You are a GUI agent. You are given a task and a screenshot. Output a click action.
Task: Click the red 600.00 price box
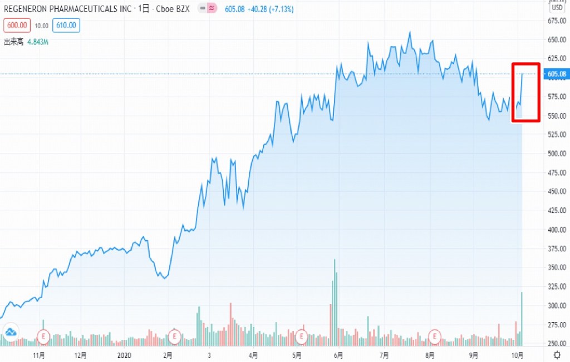point(16,25)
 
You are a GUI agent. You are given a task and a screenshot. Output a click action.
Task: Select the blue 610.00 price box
point(66,25)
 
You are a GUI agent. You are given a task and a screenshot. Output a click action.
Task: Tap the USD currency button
point(557,8)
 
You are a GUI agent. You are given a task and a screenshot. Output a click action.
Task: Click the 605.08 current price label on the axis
point(557,74)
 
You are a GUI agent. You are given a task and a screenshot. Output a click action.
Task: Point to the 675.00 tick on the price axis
point(557,21)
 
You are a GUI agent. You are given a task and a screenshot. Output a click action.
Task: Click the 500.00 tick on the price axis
point(557,153)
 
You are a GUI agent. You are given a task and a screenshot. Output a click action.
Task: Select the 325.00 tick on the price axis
point(557,286)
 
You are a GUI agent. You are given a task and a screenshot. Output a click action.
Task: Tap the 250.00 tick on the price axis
point(557,343)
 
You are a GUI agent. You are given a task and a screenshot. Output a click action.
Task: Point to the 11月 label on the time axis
point(38,355)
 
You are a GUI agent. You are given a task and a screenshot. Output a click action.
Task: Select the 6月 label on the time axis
point(338,355)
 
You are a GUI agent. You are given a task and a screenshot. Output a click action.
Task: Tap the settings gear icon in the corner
point(557,355)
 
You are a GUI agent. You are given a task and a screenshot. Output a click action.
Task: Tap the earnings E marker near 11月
point(43,336)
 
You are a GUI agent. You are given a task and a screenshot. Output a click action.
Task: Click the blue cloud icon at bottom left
point(9,333)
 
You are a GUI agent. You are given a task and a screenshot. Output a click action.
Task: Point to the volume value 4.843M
point(38,41)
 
